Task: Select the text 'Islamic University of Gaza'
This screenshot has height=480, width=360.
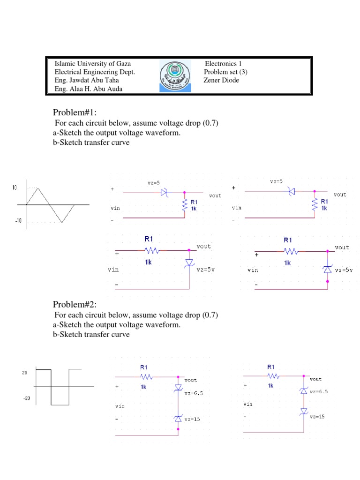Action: pyautogui.click(x=93, y=64)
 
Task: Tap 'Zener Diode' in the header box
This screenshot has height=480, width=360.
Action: pyautogui.click(x=221, y=80)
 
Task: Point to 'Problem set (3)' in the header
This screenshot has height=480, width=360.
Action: pyautogui.click(x=225, y=72)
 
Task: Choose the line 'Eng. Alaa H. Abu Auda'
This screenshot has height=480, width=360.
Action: pyautogui.click(x=89, y=89)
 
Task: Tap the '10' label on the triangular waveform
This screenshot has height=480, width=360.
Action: pyautogui.click(x=14, y=187)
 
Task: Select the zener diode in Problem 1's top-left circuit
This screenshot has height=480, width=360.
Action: pyautogui.click(x=164, y=192)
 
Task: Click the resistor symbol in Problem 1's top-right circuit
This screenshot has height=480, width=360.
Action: pyautogui.click(x=315, y=203)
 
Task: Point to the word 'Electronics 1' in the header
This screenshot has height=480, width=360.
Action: pyautogui.click(x=223, y=64)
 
